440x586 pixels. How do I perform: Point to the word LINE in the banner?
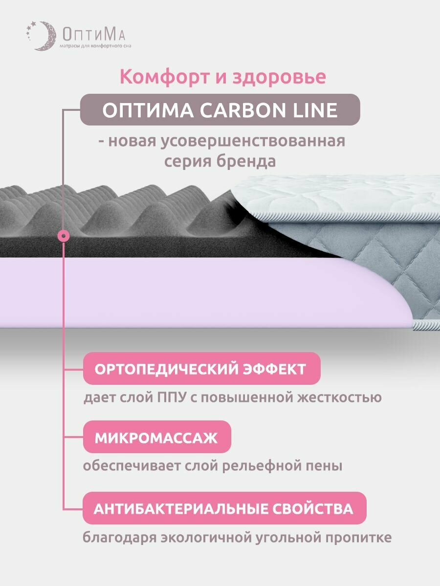click(314, 110)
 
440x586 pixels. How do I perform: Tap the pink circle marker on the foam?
click(64, 236)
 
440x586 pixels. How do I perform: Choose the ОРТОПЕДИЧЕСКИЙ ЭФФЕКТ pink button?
click(200, 369)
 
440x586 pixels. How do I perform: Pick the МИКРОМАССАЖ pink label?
click(156, 437)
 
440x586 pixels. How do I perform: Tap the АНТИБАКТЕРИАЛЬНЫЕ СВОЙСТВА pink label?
click(223, 508)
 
